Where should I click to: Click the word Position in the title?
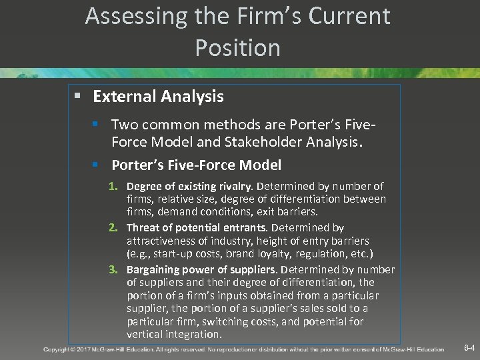[238, 48]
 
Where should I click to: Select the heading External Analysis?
[158, 97]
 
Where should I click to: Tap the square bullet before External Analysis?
[77, 97]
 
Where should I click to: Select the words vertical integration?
[173, 334]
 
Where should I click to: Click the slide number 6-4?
[469, 348]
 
